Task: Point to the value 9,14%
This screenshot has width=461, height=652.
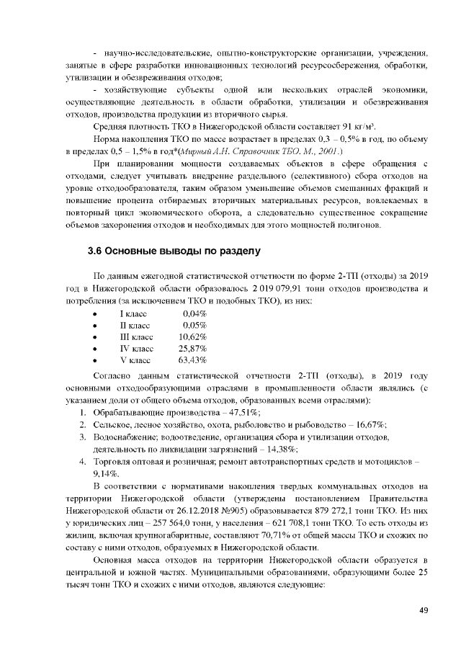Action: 107,473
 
